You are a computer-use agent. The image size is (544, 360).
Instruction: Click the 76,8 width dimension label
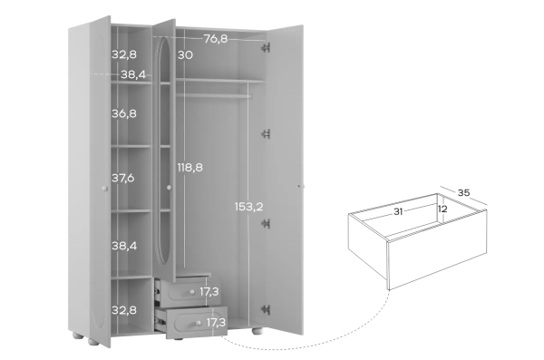216,39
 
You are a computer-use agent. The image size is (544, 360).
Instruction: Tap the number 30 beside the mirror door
185,54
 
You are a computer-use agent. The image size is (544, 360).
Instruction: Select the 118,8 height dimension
189,168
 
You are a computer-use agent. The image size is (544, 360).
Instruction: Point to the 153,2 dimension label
248,207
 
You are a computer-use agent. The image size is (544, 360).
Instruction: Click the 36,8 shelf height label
124,113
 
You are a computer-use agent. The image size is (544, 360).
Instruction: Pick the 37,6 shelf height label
122,178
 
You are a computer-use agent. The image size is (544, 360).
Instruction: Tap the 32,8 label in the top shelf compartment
124,54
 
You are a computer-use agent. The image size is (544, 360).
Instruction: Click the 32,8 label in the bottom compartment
124,310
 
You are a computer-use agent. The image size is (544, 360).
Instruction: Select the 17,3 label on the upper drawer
209,292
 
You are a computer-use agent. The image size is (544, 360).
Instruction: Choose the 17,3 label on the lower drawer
216,323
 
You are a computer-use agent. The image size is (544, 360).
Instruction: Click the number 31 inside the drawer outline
398,211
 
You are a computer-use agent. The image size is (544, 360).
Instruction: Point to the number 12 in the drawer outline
442,209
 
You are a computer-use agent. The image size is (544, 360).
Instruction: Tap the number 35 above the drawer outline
463,192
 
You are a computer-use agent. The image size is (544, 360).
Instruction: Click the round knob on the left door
105,188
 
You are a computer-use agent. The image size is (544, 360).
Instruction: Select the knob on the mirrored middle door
169,188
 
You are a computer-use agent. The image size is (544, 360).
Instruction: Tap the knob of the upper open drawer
192,292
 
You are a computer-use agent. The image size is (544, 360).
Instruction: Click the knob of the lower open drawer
198,323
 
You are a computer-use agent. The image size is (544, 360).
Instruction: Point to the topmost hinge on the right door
266,47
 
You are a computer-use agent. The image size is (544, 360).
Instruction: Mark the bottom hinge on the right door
266,309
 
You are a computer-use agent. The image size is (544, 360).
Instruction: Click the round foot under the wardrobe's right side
257,331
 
